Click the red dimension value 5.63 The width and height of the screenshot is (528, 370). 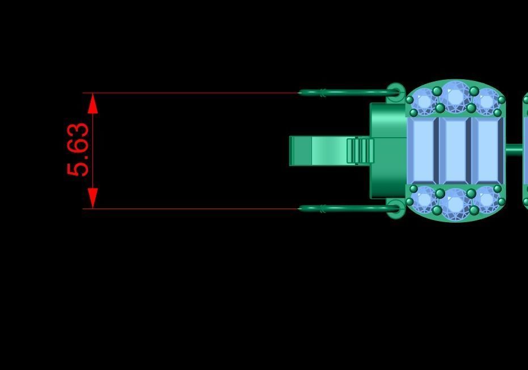pyautogui.click(x=78, y=149)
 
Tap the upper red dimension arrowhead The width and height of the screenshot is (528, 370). pyautogui.click(x=92, y=103)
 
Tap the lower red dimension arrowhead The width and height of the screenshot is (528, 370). pyautogui.click(x=92, y=198)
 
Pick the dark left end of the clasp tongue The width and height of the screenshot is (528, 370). pyautogui.click(x=301, y=151)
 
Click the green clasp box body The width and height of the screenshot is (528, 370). pyautogui.click(x=388, y=151)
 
